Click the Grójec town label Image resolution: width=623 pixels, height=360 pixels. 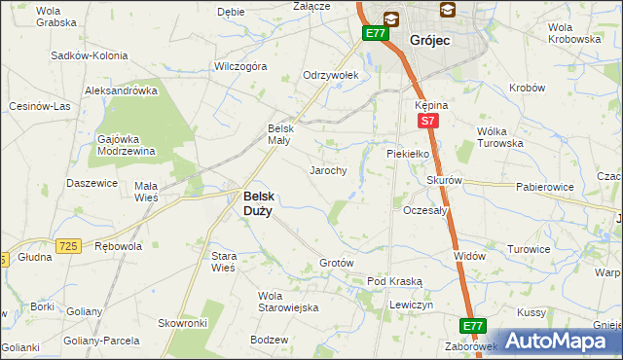[x=428, y=41]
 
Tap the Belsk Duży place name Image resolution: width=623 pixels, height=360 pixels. [x=257, y=201]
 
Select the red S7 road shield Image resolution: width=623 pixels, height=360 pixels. [x=426, y=121]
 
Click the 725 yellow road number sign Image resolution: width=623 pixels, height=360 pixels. [x=67, y=247]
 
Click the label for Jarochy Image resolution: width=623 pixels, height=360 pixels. [x=328, y=170]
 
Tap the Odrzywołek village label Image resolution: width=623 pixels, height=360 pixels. [x=331, y=75]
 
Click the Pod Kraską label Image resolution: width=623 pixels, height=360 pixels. [x=394, y=281]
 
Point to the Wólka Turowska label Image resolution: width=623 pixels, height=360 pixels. [x=500, y=137]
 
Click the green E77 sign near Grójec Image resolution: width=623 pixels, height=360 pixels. [x=376, y=33]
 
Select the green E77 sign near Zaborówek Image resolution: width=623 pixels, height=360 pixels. [x=472, y=325]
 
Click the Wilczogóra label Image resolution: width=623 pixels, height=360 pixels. [x=240, y=67]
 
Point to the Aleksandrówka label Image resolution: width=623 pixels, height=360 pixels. [x=122, y=90]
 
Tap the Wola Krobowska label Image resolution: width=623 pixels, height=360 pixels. [x=573, y=33]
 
